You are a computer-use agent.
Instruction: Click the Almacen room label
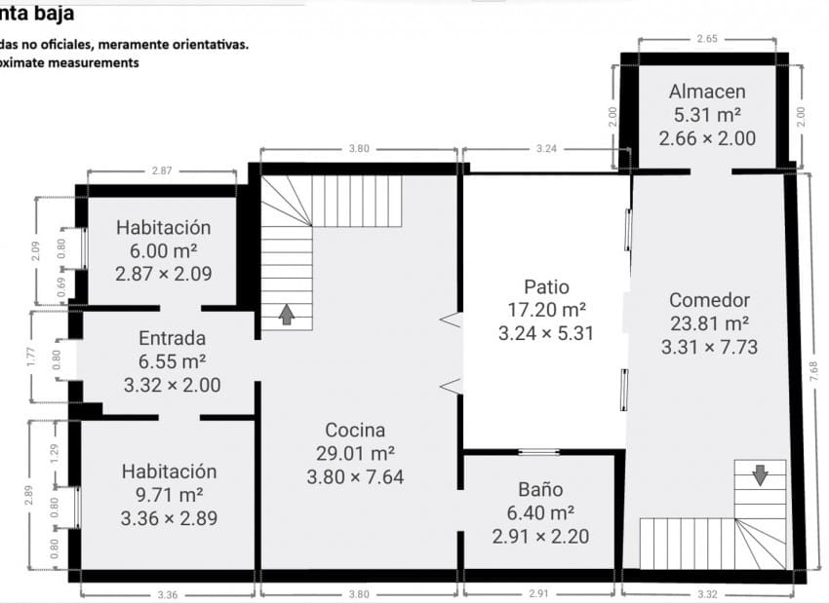point(707,92)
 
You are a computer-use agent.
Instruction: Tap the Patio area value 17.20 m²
point(546,310)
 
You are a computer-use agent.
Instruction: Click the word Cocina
point(355,430)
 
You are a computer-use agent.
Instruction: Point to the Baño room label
point(540,489)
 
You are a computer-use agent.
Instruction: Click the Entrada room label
point(172,339)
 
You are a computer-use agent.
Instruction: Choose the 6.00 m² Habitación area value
point(163,250)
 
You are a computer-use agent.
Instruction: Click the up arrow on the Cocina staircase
point(287,315)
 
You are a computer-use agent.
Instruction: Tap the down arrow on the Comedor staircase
point(760,474)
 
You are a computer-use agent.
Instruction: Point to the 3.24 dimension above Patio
point(546,149)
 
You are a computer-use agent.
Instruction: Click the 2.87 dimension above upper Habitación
point(162,170)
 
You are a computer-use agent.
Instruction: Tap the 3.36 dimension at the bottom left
point(167,593)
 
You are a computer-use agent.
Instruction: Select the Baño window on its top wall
point(538,452)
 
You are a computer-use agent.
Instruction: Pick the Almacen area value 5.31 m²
point(707,115)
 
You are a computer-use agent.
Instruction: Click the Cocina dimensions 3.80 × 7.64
point(355,477)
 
